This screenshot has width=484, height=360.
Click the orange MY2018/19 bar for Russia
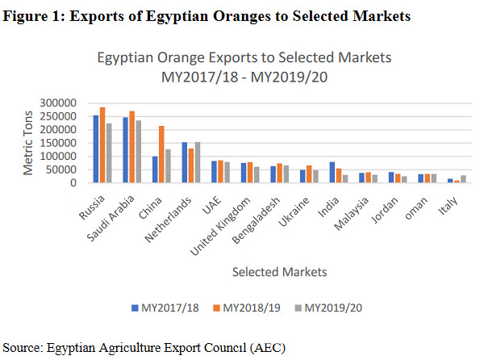click(102, 145)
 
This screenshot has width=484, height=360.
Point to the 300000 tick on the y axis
click(69, 103)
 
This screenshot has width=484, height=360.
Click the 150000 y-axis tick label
click(69, 143)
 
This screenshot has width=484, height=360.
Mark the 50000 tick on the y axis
click(71, 170)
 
